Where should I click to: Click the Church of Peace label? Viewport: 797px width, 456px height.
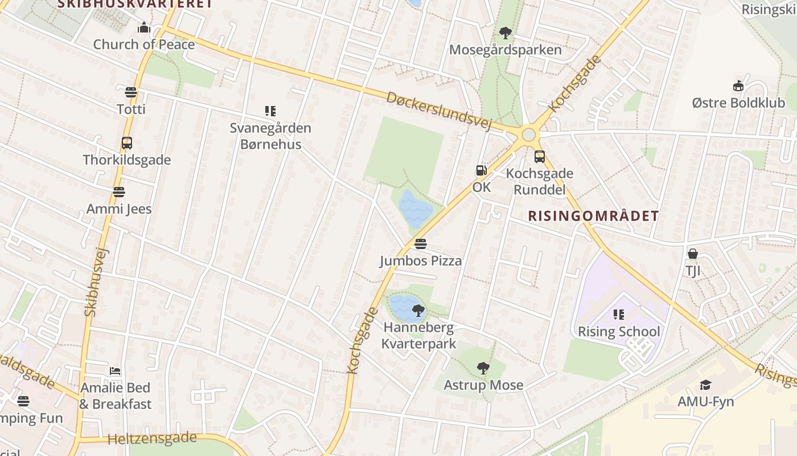[143, 44]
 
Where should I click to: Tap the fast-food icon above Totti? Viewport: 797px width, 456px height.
[131, 92]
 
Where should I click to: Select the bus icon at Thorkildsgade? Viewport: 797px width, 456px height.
[127, 143]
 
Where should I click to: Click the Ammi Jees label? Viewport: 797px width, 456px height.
[119, 209]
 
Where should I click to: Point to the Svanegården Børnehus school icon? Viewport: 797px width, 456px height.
[270, 111]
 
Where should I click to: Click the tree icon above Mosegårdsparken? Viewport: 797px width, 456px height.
[505, 33]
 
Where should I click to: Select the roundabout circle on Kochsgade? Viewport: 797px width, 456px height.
[529, 135]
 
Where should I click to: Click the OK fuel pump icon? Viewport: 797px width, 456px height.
[482, 170]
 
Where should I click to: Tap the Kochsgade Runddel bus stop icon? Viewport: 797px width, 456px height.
[539, 157]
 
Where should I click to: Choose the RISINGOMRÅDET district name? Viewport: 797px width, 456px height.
[593, 216]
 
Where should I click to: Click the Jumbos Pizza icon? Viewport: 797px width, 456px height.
[421, 244]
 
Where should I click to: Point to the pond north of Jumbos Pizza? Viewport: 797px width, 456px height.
[416, 208]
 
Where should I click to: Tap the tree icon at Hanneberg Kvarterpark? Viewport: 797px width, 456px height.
[418, 311]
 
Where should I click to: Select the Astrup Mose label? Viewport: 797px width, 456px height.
[483, 385]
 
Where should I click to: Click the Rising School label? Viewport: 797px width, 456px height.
[619, 332]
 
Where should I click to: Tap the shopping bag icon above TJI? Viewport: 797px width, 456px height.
[693, 254]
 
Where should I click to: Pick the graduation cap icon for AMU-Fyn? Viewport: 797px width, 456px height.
[705, 385]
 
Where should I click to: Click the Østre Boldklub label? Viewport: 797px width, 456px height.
[738, 103]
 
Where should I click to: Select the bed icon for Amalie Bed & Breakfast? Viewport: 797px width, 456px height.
[115, 371]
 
